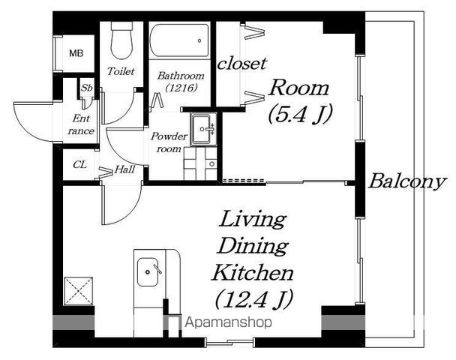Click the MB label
76,53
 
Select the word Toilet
121,71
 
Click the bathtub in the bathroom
179,40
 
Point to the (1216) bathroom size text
181,87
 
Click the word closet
242,64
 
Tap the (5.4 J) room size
299,114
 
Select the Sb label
86,88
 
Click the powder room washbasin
203,129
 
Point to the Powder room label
169,142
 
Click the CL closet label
80,165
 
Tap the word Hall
124,169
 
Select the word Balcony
406,182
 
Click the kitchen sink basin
148,272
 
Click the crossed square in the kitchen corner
79,291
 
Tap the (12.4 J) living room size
253,299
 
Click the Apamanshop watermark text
229,322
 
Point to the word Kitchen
253,272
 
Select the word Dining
253,246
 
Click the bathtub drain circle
199,40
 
